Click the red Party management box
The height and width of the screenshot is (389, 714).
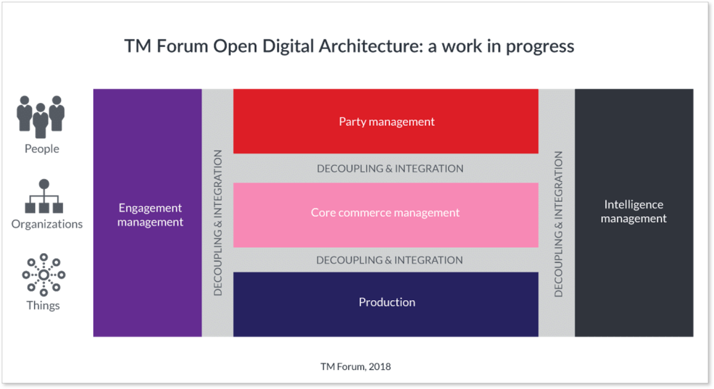[x=386, y=122]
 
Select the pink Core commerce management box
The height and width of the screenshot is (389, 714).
[x=386, y=215]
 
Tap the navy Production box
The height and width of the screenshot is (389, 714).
[x=386, y=304]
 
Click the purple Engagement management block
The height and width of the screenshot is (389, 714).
[x=148, y=213]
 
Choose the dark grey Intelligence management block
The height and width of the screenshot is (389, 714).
[x=634, y=213]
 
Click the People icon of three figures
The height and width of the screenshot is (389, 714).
[x=40, y=117]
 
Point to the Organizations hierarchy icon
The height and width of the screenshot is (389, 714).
[x=44, y=196]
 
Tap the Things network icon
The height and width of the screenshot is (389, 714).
[x=43, y=275]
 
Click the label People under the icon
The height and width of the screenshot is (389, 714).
[x=42, y=149]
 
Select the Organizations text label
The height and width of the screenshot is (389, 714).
[x=47, y=225]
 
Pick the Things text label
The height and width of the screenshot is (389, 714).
[x=43, y=306]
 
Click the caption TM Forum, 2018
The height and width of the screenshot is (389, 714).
[x=355, y=367]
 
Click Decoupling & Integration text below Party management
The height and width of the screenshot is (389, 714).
[x=390, y=169]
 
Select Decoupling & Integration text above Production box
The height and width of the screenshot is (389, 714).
[x=389, y=260]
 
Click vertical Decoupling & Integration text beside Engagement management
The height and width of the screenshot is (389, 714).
[x=218, y=223]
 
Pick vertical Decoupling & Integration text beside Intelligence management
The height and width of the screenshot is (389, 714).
[x=559, y=224]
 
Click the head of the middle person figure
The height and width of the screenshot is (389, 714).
[x=40, y=107]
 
